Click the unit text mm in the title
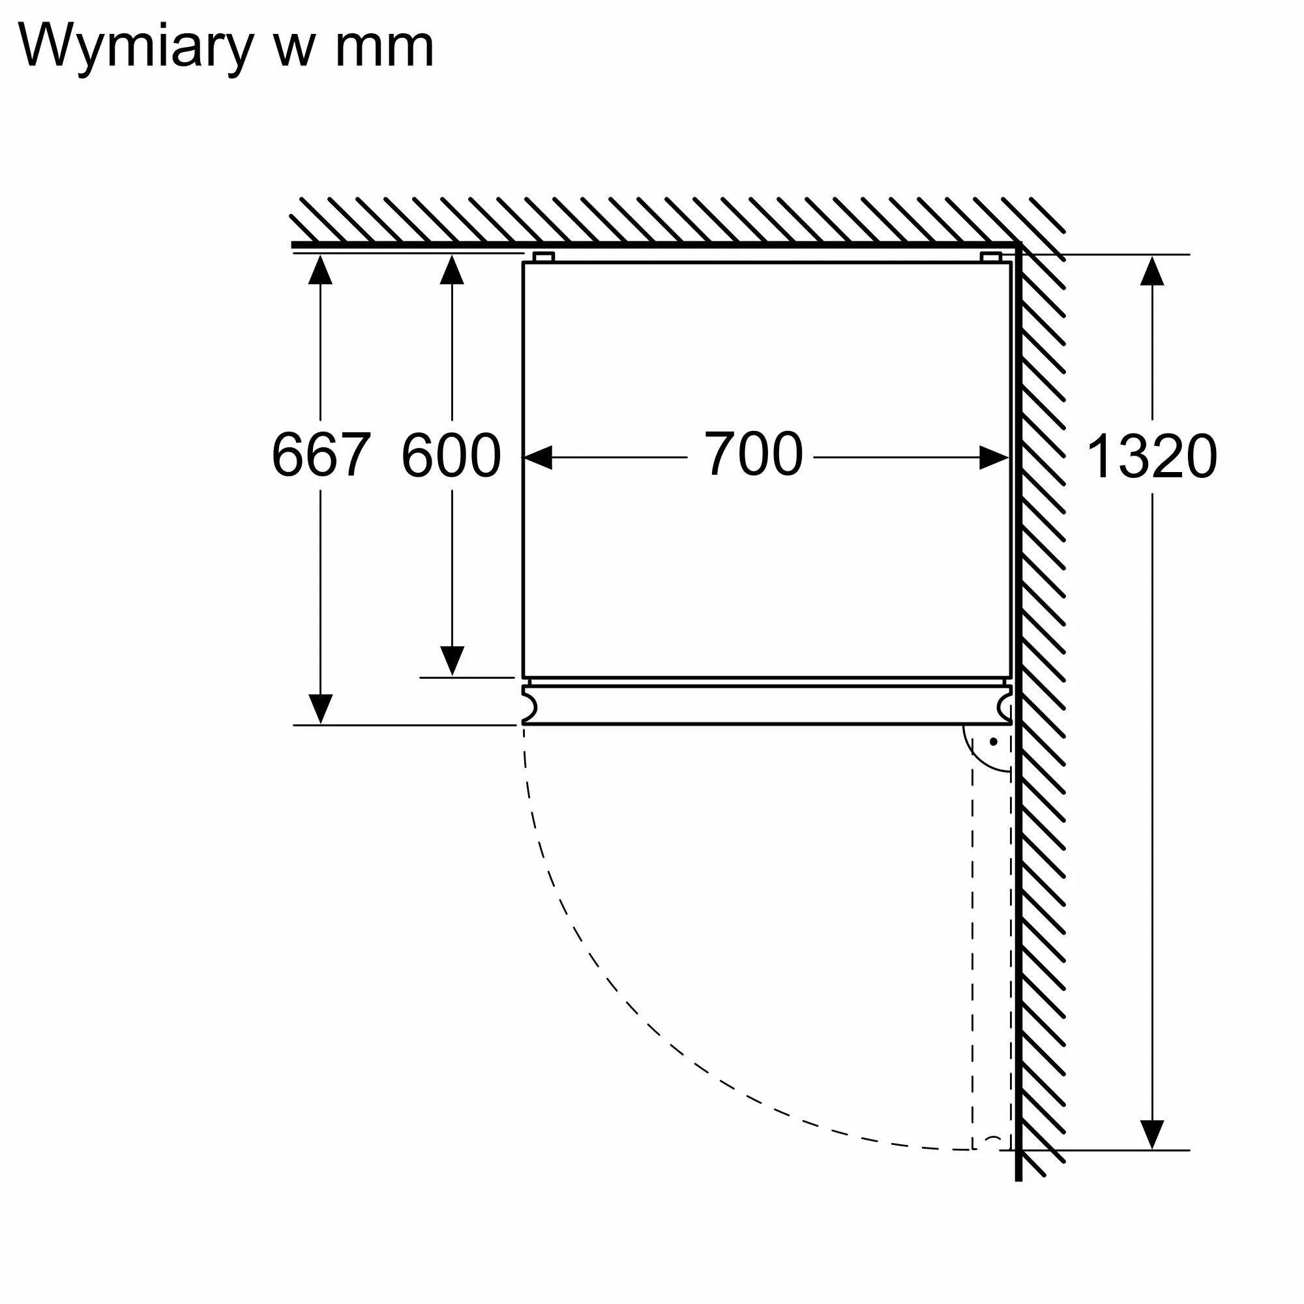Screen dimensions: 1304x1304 (x=384, y=49)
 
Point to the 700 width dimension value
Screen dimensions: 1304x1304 (x=753, y=454)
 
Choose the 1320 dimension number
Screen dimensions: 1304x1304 (x=1151, y=457)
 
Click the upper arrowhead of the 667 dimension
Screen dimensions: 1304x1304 (x=321, y=270)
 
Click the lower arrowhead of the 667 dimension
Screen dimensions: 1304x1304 (x=321, y=708)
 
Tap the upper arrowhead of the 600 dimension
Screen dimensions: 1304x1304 (x=452, y=270)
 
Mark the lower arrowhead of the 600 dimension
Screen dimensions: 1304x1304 (x=452, y=660)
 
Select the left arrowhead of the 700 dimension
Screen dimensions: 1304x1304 (x=539, y=458)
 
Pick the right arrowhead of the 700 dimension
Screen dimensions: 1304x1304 (x=994, y=458)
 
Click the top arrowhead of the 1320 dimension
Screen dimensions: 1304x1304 (x=1152, y=271)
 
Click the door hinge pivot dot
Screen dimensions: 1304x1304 (x=994, y=742)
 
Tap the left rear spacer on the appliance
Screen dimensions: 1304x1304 (x=543, y=257)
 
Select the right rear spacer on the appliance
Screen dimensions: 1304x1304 (x=991, y=257)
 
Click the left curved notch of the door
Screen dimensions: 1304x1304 (x=530, y=706)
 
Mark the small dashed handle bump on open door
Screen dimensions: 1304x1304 (x=992, y=1140)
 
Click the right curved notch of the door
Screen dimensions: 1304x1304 (x=1004, y=706)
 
